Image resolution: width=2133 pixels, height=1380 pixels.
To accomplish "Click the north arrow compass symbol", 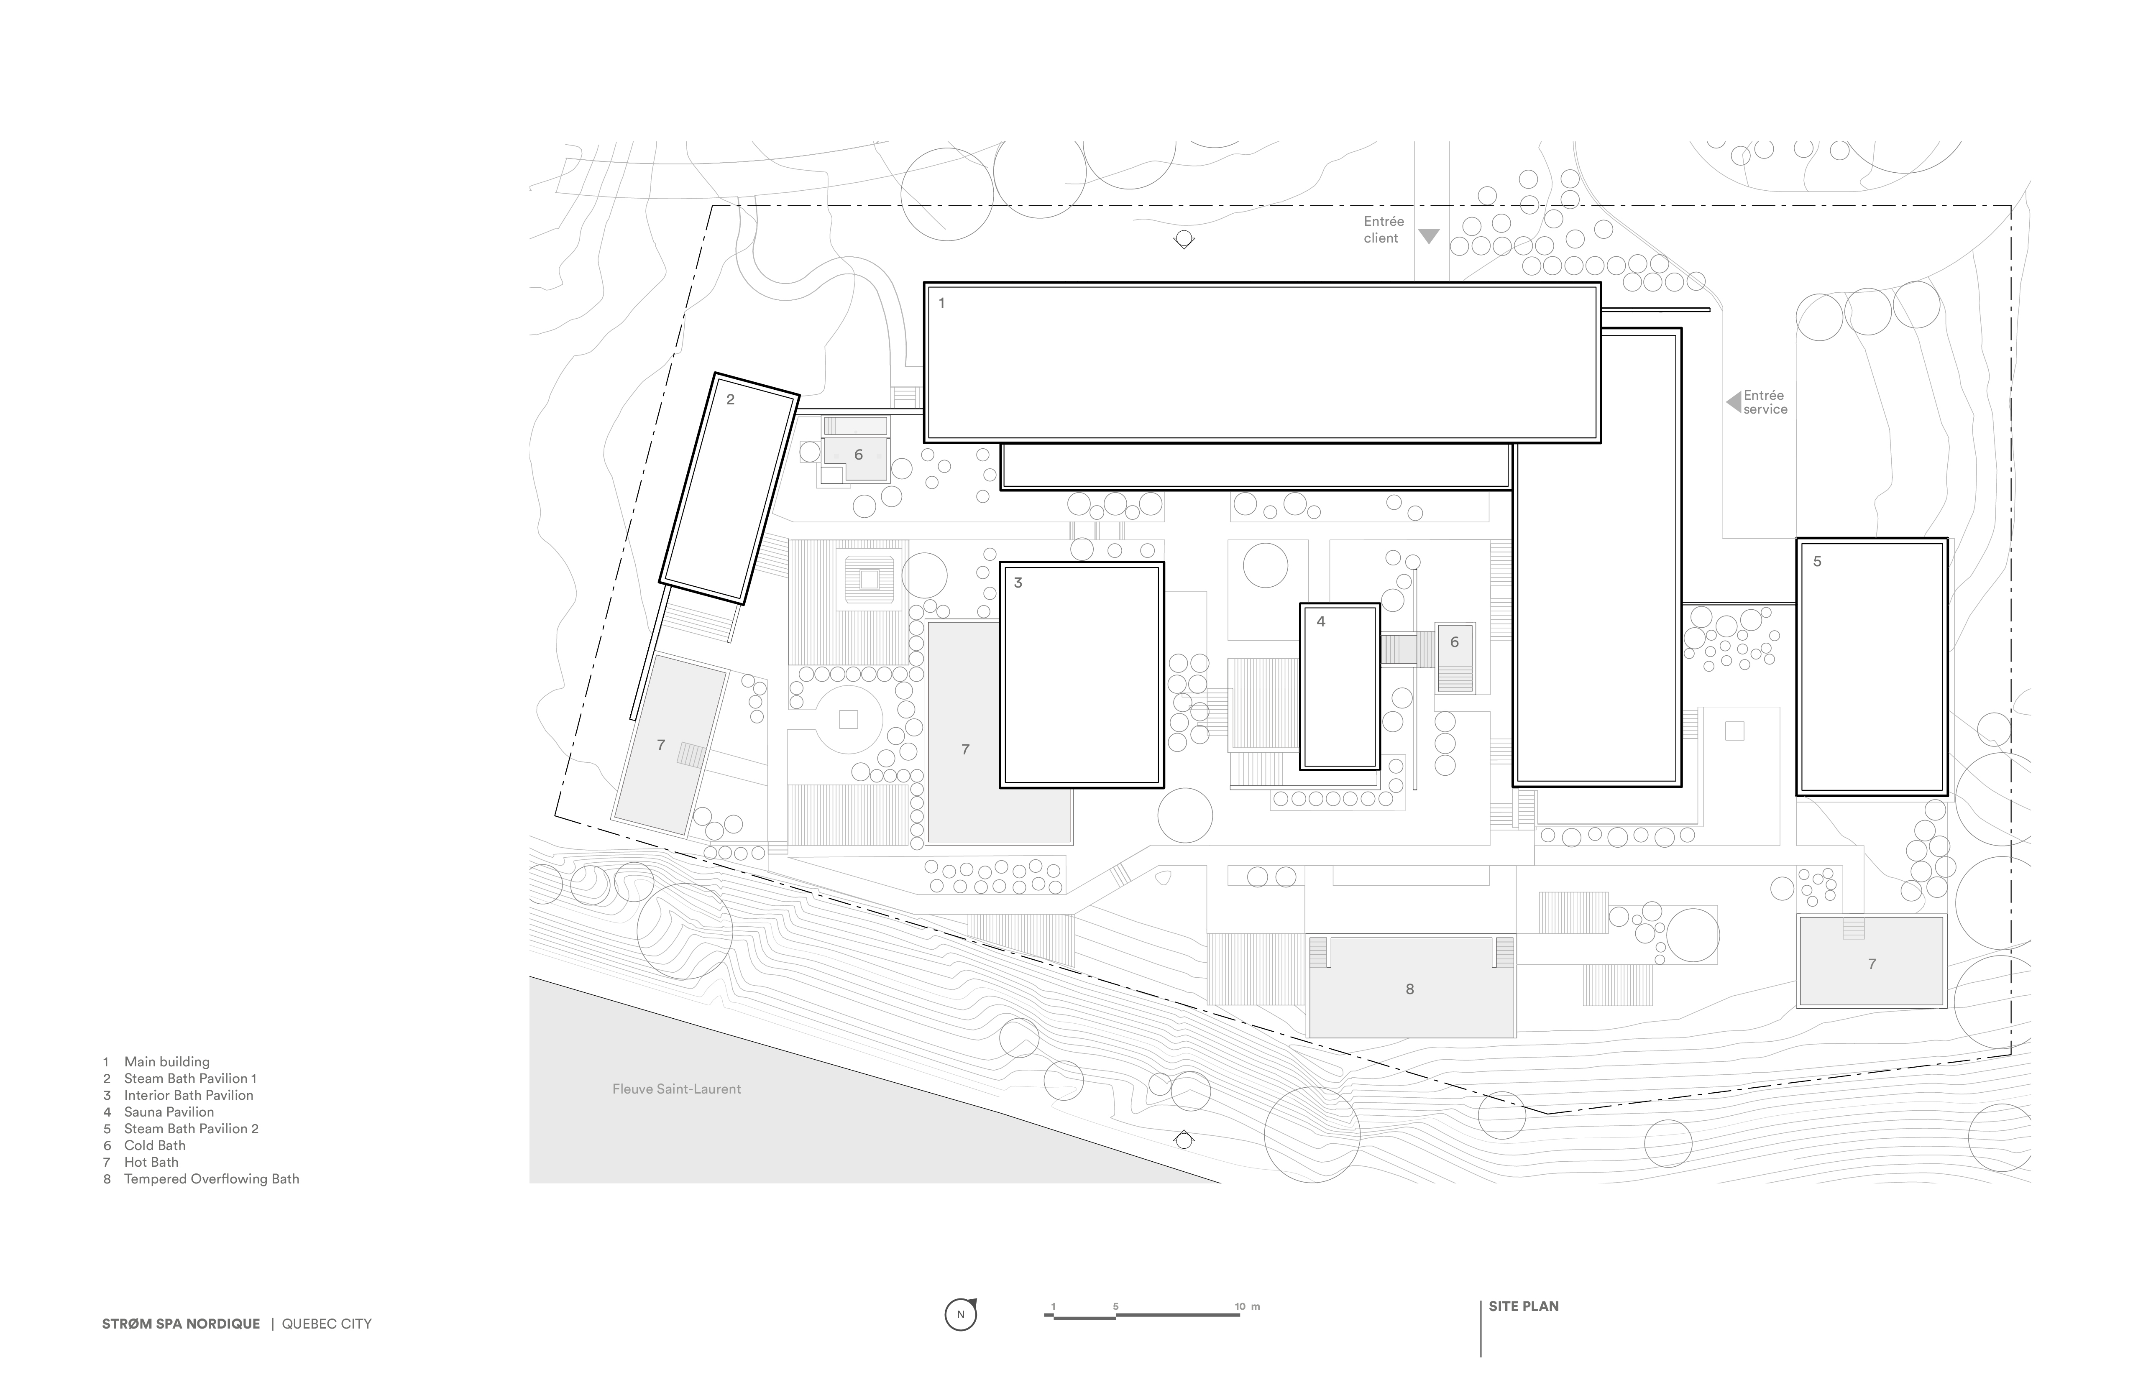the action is [x=961, y=1315].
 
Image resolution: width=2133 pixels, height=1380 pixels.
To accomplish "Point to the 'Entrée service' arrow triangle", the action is [x=1733, y=402].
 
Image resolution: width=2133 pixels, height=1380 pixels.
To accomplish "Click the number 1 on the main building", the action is [x=941, y=303].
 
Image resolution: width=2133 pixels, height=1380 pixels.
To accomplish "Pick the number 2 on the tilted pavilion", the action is [x=730, y=400].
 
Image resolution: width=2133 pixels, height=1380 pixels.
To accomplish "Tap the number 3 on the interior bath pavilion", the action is [x=1018, y=583].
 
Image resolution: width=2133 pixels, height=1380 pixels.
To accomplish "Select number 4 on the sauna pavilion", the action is [x=1321, y=621].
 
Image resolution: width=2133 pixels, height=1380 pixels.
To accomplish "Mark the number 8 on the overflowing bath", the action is [x=1410, y=989].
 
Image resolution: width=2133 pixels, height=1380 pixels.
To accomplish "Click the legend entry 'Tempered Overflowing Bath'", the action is [x=212, y=1179].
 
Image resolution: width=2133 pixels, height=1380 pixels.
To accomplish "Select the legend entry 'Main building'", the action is [x=167, y=1062].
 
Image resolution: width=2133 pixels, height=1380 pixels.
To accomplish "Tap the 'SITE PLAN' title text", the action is [x=1524, y=1306].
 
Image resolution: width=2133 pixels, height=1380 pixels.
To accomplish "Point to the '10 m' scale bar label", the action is [x=1247, y=1306].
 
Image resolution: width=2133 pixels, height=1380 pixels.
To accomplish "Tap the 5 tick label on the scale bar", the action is [x=1116, y=1306].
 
